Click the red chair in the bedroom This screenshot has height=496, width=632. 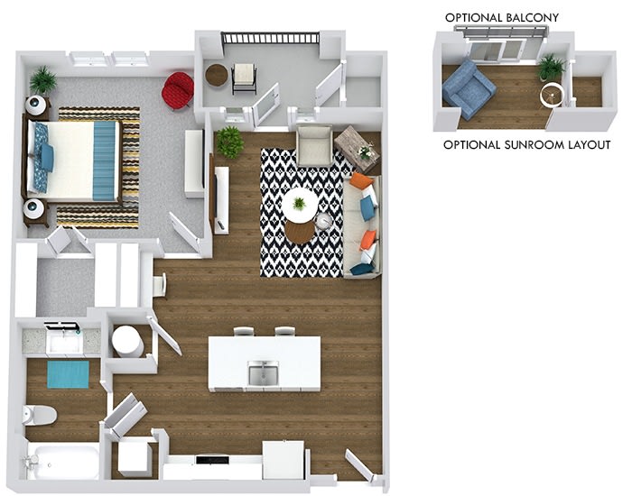coord(177,91)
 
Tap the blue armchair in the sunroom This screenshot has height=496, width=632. coord(469,89)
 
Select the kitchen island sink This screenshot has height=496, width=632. coord(264,372)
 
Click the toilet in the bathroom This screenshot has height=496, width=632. coord(40,415)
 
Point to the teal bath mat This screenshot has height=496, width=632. coord(68,375)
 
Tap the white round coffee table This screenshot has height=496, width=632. coord(300,205)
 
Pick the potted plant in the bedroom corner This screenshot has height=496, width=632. coord(42,80)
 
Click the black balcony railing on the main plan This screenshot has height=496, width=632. coord(271,38)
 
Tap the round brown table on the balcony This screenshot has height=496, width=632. coord(217,75)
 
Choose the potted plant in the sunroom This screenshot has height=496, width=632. coord(551,67)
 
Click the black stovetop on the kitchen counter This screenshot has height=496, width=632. coord(212,460)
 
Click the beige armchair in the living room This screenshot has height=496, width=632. coord(314,146)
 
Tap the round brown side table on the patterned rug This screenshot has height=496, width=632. coord(300,232)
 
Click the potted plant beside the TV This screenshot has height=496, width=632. coord(229,142)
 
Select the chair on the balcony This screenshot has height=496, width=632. coord(244,78)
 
